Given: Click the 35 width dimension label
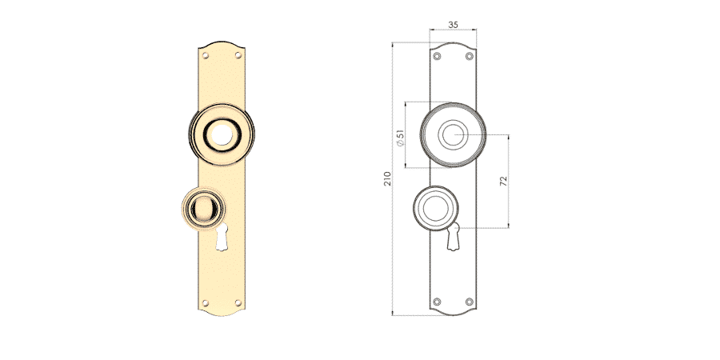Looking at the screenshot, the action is coord(453,25).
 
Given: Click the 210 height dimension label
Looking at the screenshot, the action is coord(387,178).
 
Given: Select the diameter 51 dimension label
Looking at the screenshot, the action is coord(401,138).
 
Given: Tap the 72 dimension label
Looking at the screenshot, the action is coord(504,181).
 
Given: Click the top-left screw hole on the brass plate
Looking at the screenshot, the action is coord(206,55).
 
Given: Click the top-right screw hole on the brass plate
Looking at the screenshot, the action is coord(238,55).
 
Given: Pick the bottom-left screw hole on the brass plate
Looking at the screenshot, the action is coord(206,303).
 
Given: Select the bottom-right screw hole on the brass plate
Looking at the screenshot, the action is coord(238,302).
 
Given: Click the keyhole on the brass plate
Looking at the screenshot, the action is coord(222,237).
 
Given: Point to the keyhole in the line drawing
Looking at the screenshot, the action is coord(454,237).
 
